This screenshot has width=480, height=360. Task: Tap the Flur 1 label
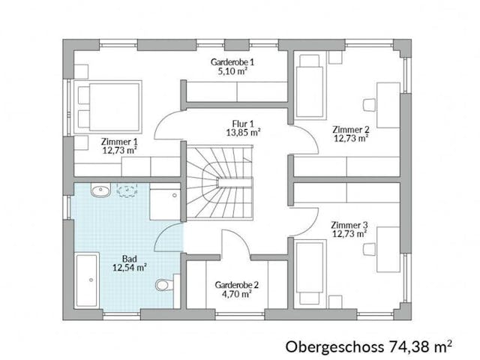[242, 124]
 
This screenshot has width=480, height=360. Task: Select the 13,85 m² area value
[242, 133]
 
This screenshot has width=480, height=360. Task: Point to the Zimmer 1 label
[119, 140]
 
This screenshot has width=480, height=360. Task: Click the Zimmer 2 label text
[350, 128]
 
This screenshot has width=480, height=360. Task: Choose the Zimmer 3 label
[349, 223]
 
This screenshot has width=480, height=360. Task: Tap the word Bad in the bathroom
[129, 256]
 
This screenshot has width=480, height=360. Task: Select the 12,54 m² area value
[129, 265]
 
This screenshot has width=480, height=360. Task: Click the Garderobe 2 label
[236, 285]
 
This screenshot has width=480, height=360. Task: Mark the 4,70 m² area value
[236, 294]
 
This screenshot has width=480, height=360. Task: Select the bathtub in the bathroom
[86, 280]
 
